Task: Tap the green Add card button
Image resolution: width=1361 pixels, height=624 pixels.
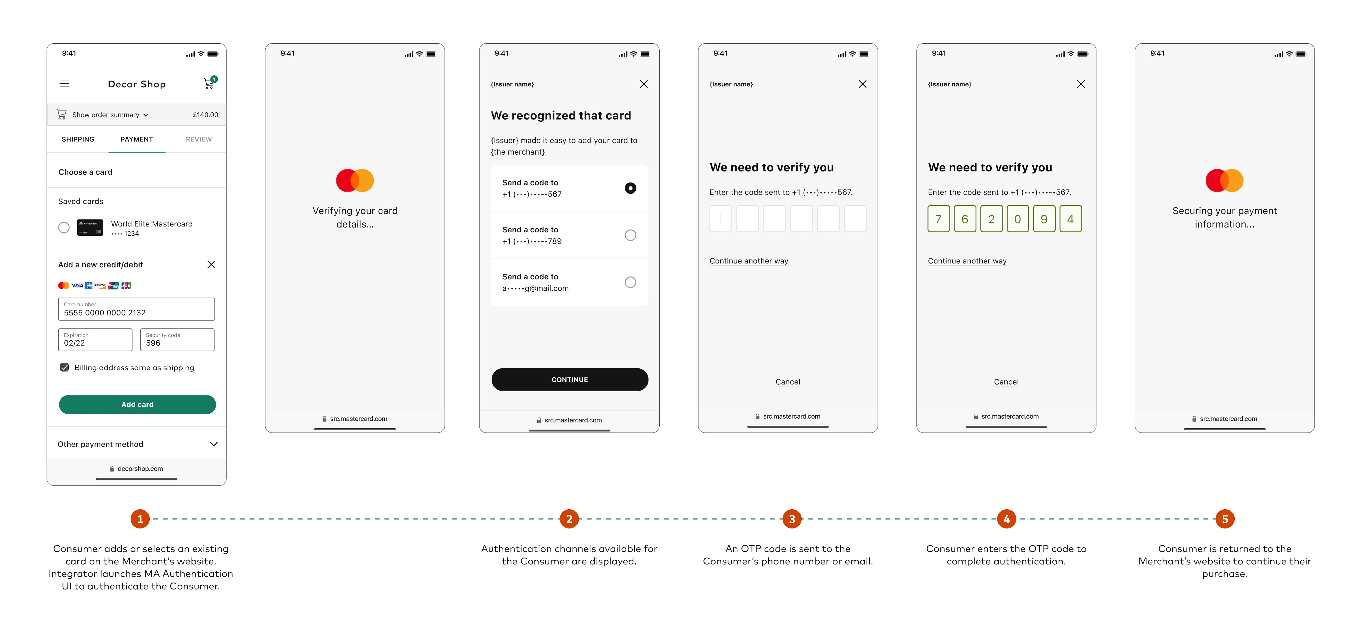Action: click(137, 404)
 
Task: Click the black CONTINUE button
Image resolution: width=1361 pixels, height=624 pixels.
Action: click(569, 379)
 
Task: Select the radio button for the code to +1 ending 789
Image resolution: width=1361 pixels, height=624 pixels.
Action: click(630, 235)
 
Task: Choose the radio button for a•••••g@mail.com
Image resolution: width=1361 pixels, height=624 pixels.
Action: click(630, 282)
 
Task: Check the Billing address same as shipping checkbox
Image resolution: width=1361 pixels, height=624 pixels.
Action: click(65, 367)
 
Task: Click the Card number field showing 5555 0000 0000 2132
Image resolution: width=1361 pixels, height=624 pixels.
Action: click(136, 309)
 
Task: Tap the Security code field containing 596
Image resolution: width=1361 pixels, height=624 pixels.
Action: click(177, 340)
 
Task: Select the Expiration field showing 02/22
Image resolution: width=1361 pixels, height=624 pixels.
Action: click(95, 340)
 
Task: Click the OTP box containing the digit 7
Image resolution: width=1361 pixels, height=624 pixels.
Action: click(938, 219)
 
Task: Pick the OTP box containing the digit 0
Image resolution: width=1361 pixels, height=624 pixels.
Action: click(1017, 219)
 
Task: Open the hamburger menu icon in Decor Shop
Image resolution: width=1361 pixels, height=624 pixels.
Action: click(65, 84)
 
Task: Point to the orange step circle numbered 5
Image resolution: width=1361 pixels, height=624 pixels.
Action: click(1225, 519)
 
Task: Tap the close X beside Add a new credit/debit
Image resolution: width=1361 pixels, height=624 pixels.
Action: click(211, 264)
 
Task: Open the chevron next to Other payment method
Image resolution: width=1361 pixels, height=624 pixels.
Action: click(214, 444)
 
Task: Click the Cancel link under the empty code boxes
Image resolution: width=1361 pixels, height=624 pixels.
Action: click(788, 382)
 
